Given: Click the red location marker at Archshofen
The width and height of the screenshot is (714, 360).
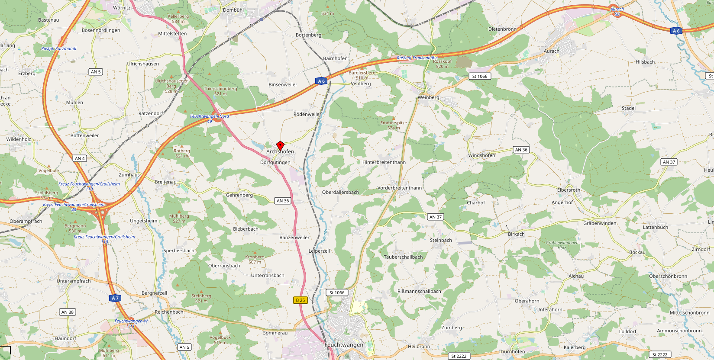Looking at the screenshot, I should tap(280, 145).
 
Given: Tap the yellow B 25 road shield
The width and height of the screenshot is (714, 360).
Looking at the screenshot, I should tap(300, 300).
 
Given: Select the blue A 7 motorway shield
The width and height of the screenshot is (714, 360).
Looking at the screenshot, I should tap(115, 298).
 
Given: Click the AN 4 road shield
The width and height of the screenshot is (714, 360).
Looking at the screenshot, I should tap(80, 158).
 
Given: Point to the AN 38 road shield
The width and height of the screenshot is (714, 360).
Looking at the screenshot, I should tap(68, 312).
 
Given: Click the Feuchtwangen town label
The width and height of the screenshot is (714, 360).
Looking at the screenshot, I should tap(344, 345).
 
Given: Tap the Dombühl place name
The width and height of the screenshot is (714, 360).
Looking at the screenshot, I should tap(233, 10).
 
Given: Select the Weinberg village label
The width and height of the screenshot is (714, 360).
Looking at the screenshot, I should tap(428, 97).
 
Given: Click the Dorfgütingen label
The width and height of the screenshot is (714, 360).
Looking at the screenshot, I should tap(275, 163).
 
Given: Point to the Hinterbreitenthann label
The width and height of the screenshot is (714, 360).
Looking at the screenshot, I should tap(384, 162).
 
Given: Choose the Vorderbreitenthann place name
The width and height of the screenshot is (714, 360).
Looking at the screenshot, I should tap(399, 188).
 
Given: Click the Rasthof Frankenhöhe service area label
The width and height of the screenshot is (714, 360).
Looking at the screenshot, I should tap(417, 58).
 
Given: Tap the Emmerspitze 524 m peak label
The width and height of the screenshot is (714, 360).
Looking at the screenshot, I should tap(394, 125).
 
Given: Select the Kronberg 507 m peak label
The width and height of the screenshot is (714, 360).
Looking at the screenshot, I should tap(255, 259).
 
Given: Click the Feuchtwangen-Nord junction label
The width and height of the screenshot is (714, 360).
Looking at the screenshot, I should tap(210, 116).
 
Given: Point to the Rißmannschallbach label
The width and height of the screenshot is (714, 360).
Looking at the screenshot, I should tap(419, 291).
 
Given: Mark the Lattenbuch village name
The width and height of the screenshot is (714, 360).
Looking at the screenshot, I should tap(655, 227).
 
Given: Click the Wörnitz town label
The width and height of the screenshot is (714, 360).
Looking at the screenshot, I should tap(122, 8).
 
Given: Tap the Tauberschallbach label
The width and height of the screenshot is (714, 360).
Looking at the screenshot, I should tap(403, 257).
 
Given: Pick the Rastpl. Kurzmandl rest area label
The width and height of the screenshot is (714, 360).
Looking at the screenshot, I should tap(59, 48).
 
